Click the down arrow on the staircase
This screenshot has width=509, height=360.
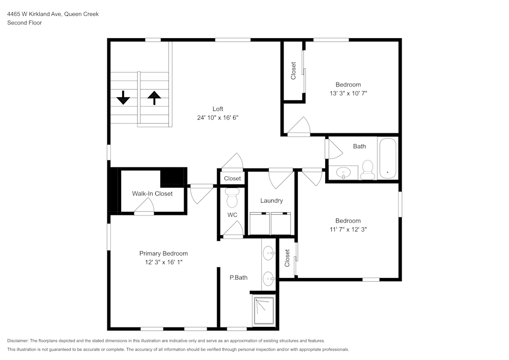123,97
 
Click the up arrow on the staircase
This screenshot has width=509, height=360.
154,97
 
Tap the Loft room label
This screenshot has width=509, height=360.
218,109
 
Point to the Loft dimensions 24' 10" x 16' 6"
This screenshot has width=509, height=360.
218,118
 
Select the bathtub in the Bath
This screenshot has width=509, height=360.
388,158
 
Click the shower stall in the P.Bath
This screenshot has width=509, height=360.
264,310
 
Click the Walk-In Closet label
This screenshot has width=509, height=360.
152,193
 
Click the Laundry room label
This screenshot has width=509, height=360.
271,201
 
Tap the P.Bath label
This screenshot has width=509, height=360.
238,278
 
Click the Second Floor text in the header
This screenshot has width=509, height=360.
24,23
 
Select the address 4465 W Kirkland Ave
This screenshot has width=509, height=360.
34,14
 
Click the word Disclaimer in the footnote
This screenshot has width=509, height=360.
18,341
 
